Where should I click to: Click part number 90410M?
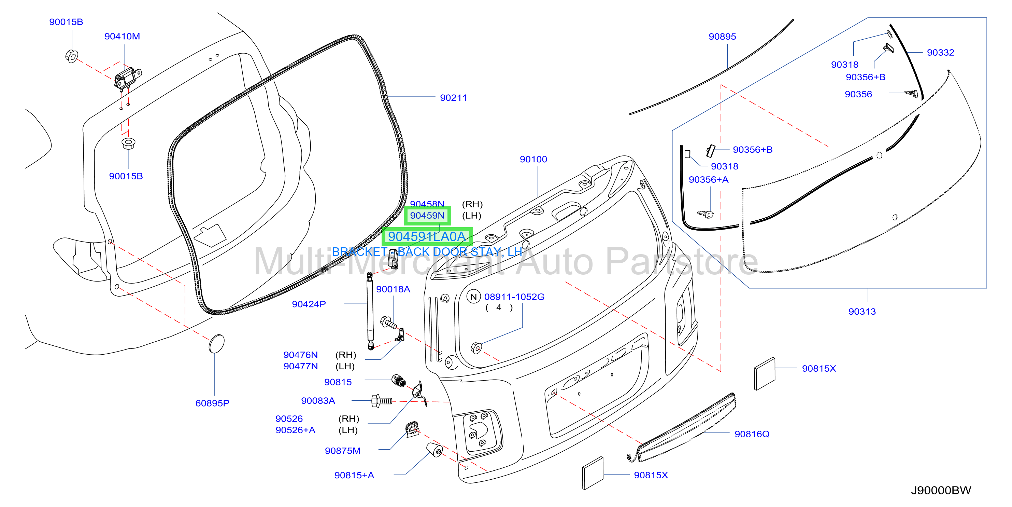coord(122,36)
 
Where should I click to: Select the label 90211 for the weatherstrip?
coord(453,98)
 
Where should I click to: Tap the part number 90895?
coord(722,37)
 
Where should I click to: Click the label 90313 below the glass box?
coord(862,312)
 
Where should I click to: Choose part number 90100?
coord(533,159)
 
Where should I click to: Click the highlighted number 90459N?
coord(427,216)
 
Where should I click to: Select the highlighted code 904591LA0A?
coord(427,237)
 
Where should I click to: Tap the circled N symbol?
coord(473,297)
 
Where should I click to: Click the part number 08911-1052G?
coord(514,297)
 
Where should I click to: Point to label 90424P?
coord(309,304)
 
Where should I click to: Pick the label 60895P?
coord(212,403)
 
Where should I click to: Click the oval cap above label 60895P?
coord(216,344)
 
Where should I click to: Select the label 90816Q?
coord(752,434)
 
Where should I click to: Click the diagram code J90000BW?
coord(941,491)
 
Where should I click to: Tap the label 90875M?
coord(343,451)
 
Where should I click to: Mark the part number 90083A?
coord(318,401)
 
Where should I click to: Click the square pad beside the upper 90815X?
coord(765,374)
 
